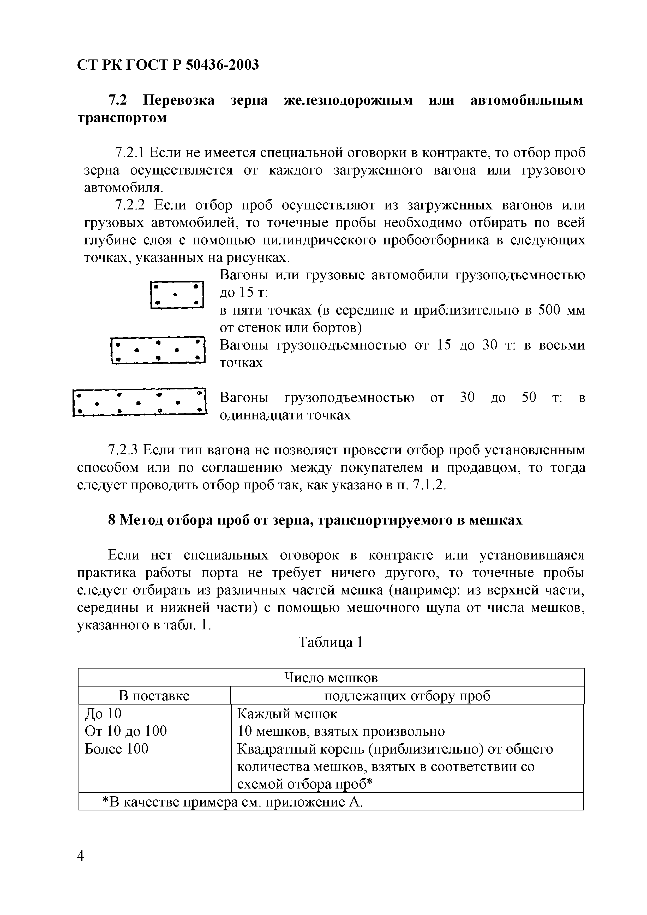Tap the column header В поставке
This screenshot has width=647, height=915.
click(x=154, y=696)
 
